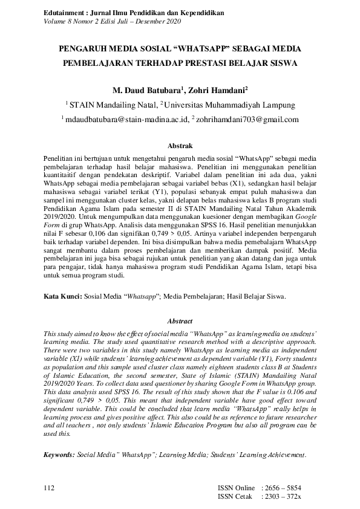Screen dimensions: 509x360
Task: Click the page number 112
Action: coord(50,487)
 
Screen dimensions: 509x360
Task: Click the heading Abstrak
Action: coord(180,146)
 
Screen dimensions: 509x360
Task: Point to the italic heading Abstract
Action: coord(180,322)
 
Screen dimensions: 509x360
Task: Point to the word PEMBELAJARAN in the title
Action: coord(101,62)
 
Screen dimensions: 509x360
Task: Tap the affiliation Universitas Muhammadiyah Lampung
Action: coord(230,105)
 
